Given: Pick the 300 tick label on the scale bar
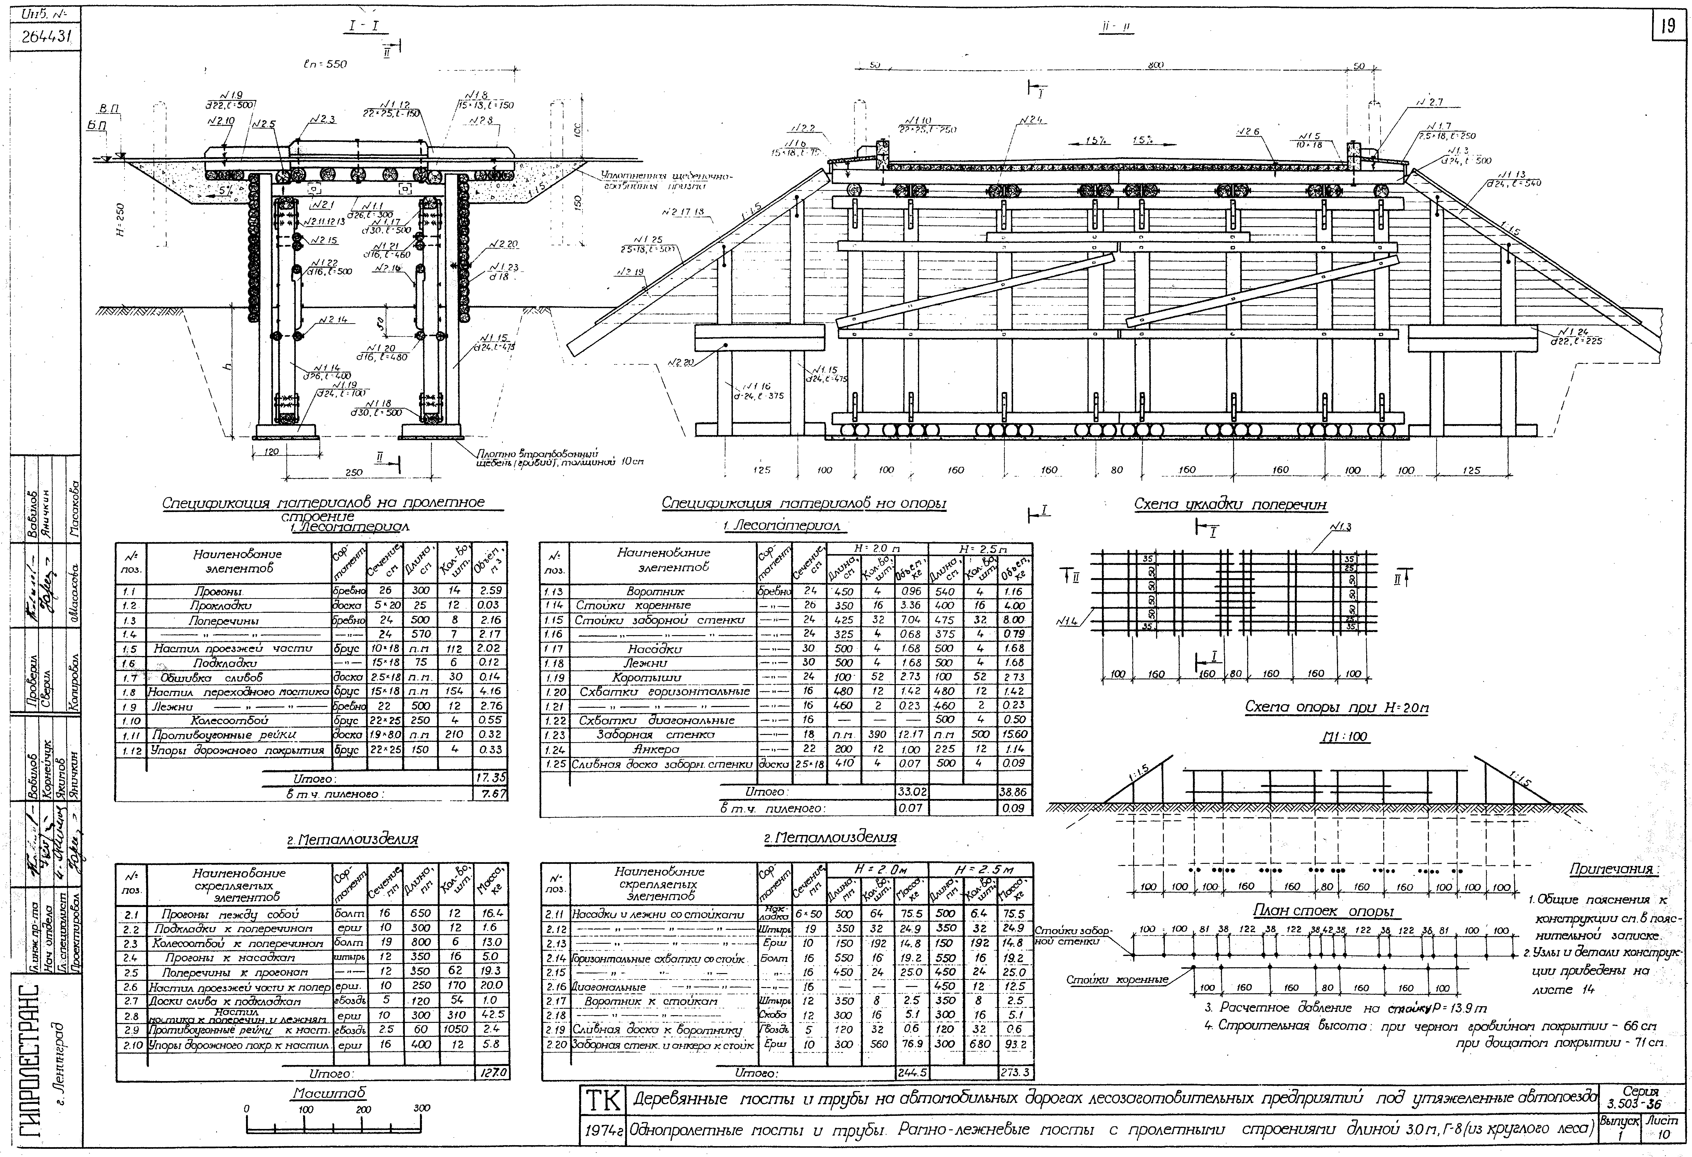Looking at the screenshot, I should coord(422,1108).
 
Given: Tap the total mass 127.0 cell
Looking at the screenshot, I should coord(492,1073).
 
